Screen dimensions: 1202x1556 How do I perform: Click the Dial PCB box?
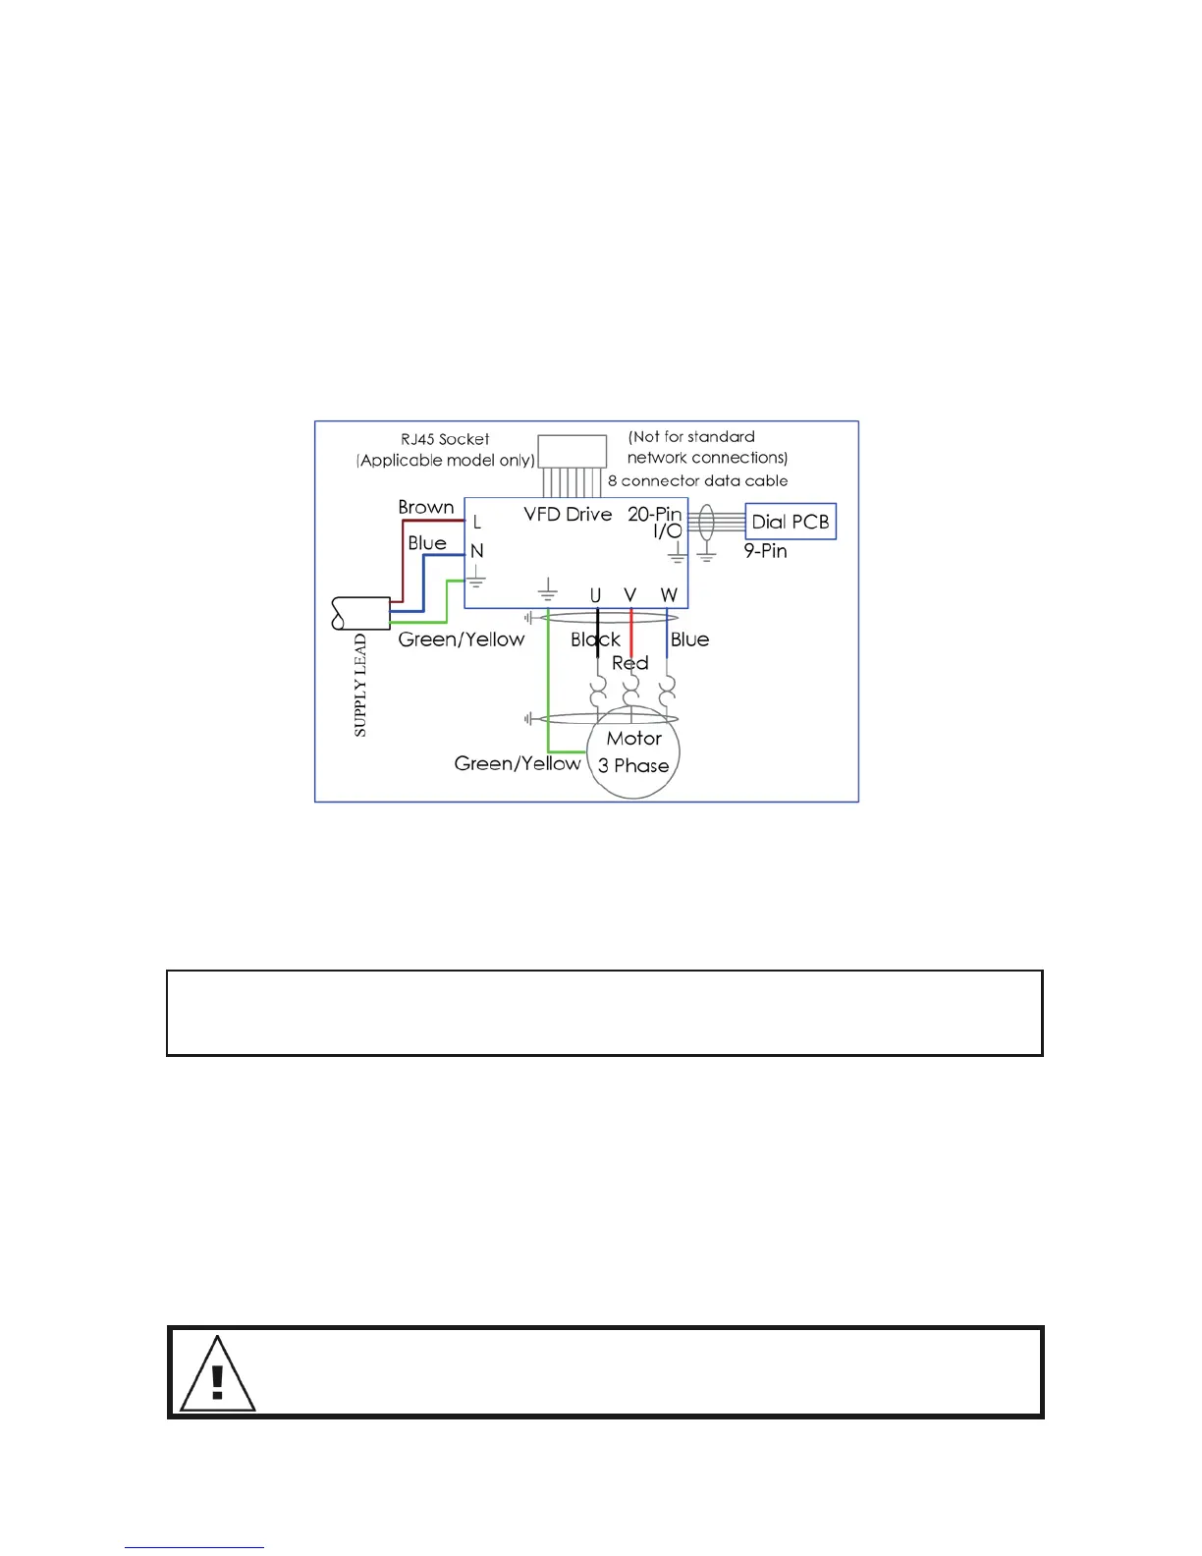point(791,522)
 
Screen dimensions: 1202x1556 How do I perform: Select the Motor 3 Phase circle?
point(634,752)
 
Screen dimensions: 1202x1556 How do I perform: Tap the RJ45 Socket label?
point(445,439)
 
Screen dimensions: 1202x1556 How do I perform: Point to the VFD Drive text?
point(568,514)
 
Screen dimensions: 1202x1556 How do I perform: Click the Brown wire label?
point(426,507)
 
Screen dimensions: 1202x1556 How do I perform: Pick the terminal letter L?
point(477,523)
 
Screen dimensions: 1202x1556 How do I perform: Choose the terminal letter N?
point(477,551)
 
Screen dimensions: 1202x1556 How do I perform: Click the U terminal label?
point(595,595)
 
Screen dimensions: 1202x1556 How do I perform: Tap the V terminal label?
point(630,594)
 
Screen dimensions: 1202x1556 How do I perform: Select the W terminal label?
point(669,595)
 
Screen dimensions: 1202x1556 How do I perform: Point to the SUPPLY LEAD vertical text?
point(360,685)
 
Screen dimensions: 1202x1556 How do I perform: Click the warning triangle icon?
point(218,1374)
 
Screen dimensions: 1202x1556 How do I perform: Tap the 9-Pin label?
point(765,551)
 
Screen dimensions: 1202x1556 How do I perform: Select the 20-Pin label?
point(654,514)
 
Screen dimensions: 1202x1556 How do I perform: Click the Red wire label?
point(630,663)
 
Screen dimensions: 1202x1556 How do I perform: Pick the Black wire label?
point(595,639)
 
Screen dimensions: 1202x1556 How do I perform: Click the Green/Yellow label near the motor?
point(518,763)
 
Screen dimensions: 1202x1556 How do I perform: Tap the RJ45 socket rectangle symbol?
point(573,451)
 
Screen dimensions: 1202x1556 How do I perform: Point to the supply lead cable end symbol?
point(360,613)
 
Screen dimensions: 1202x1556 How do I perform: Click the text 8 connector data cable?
point(697,480)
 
